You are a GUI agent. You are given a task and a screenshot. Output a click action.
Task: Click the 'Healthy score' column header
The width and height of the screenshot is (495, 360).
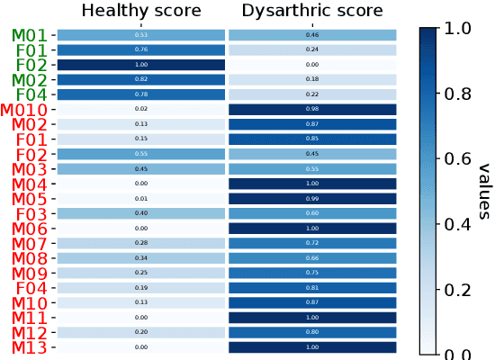coord(140,11)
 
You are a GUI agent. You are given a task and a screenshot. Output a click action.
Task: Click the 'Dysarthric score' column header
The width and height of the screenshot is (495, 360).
coord(312,11)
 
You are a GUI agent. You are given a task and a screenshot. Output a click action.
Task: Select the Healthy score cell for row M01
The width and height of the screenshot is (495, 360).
coord(140,35)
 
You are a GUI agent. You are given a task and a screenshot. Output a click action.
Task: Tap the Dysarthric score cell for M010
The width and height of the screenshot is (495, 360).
coord(312,110)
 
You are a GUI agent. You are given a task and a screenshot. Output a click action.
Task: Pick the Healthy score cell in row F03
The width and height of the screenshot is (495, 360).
coord(140,213)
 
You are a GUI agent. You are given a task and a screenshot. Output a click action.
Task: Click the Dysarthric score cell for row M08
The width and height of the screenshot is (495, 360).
coord(312,258)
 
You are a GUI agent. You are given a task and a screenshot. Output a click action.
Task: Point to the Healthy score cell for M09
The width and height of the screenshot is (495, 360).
coord(140,273)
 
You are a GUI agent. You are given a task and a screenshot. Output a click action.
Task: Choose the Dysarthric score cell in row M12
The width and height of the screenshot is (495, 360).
coord(312,332)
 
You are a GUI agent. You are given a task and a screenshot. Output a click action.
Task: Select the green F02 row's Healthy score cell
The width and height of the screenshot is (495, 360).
coord(140,65)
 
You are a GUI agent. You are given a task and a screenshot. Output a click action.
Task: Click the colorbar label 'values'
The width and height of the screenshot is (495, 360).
coord(483,191)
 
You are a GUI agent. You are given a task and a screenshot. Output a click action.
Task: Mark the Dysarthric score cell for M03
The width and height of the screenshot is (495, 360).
coord(312,169)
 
